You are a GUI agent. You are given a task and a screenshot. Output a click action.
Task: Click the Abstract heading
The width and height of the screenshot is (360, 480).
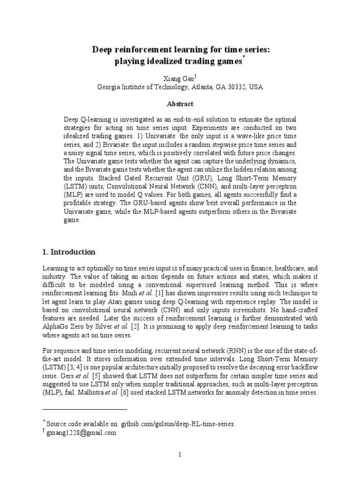(180, 104)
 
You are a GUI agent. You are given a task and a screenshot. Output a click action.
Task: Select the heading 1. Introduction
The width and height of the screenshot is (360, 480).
(69, 252)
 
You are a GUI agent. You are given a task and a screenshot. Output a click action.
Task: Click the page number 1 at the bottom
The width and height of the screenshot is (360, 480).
(180, 454)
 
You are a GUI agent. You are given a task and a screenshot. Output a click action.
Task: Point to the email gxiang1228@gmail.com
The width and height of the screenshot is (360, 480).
(82, 433)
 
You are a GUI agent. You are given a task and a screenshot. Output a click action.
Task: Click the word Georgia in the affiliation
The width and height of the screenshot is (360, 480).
(108, 87)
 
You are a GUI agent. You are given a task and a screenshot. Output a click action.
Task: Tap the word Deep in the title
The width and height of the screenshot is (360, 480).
(102, 49)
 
